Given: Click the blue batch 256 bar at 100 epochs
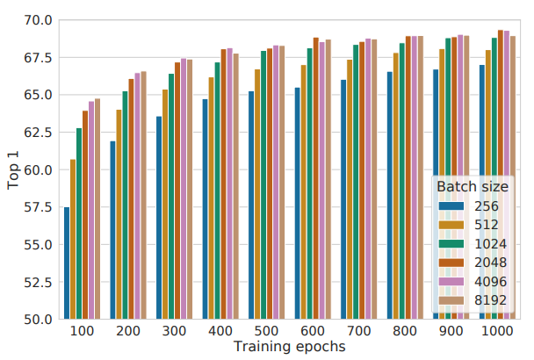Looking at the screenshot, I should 67,263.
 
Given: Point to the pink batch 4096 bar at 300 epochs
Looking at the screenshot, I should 184,189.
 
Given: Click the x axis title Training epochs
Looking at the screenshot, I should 289,347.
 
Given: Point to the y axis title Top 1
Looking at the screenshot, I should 13,169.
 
